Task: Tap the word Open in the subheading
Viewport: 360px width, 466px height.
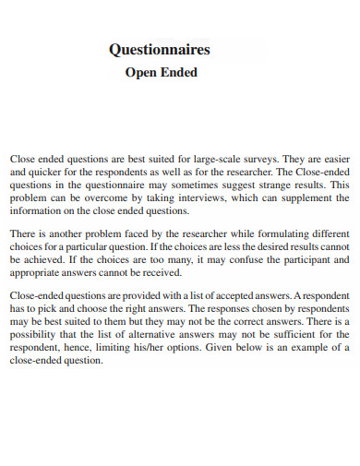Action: tap(141, 72)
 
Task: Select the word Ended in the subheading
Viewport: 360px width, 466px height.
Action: tap(180, 72)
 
